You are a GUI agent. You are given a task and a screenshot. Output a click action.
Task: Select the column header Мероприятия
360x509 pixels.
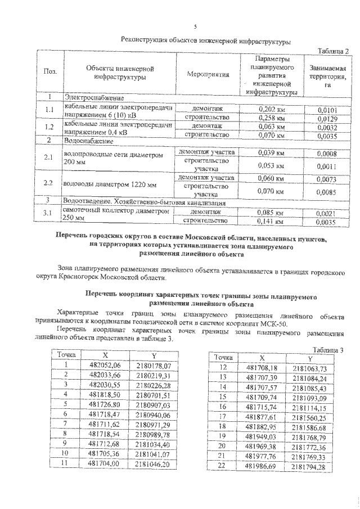point(208,73)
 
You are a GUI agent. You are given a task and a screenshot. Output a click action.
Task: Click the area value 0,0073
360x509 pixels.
point(326,179)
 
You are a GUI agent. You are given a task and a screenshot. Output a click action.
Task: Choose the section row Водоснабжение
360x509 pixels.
point(90,140)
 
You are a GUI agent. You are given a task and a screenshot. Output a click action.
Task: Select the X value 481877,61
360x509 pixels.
point(262,417)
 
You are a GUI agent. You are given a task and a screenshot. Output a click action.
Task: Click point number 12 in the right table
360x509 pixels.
point(222,367)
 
